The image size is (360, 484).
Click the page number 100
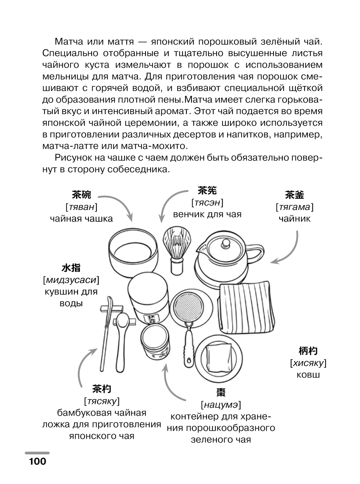(x=36, y=461)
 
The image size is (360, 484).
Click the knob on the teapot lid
(x=225, y=243)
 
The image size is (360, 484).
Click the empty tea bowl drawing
(x=133, y=254)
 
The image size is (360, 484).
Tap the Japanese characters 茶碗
(x=81, y=195)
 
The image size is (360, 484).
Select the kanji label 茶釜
(x=294, y=195)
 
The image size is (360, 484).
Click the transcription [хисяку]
(x=308, y=363)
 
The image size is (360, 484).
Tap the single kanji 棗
(x=221, y=392)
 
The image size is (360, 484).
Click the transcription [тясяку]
(x=102, y=401)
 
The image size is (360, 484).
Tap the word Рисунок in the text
(x=73, y=158)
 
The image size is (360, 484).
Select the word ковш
(x=308, y=375)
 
